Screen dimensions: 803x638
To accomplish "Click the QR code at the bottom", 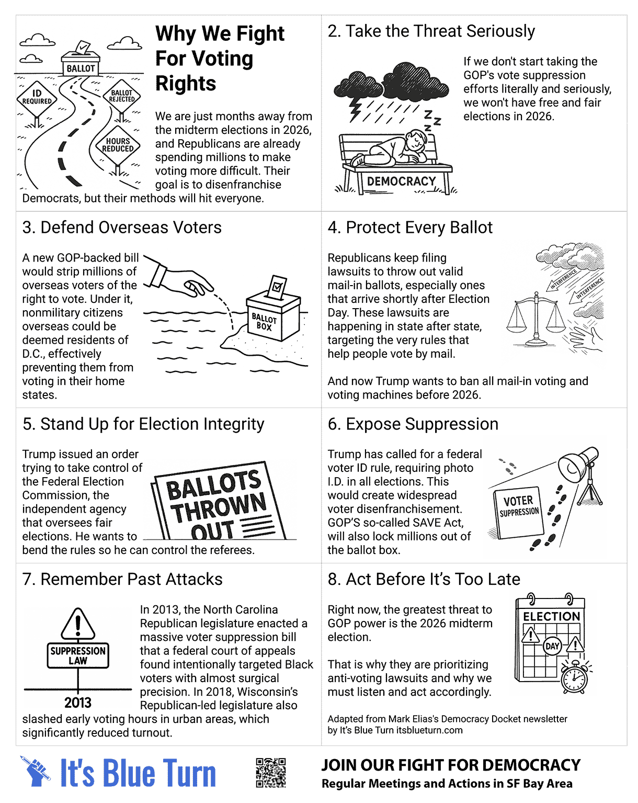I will [271, 773].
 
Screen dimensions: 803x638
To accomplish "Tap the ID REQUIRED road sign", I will [37, 98].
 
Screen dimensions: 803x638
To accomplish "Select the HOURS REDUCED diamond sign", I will [118, 145].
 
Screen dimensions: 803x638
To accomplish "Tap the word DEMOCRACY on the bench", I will [401, 182].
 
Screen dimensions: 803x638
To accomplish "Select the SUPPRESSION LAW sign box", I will [78, 655].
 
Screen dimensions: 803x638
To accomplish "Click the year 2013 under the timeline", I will [78, 703].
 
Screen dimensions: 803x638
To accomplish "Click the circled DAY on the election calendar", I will [552, 646].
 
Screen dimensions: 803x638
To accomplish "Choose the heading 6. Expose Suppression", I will [413, 424].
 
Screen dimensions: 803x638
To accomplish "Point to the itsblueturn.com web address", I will [429, 730].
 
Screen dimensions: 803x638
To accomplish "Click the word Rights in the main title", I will [186, 84].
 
